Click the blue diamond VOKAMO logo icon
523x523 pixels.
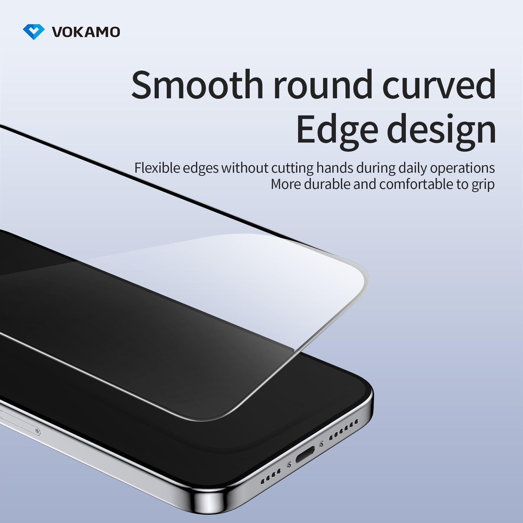coord(34,32)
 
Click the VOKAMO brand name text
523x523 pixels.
coord(86,32)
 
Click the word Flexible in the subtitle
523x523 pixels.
coord(157,168)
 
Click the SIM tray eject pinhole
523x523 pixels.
coord(37,432)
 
